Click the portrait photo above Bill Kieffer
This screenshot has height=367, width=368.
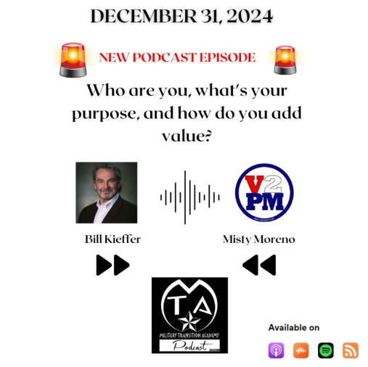pyautogui.click(x=106, y=192)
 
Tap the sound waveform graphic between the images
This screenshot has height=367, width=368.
pyautogui.click(x=189, y=197)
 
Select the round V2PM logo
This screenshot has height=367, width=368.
pyautogui.click(x=264, y=192)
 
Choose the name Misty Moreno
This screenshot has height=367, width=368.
pyautogui.click(x=259, y=239)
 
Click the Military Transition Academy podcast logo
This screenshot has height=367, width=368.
pyautogui.click(x=189, y=315)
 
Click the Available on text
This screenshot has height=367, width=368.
pyautogui.click(x=293, y=328)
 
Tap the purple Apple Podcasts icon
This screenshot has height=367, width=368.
pyautogui.click(x=276, y=350)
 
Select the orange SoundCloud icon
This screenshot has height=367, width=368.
pyautogui.click(x=300, y=350)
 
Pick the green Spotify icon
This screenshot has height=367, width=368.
pyautogui.click(x=326, y=350)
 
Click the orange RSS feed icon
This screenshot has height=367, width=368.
pyautogui.click(x=351, y=350)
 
